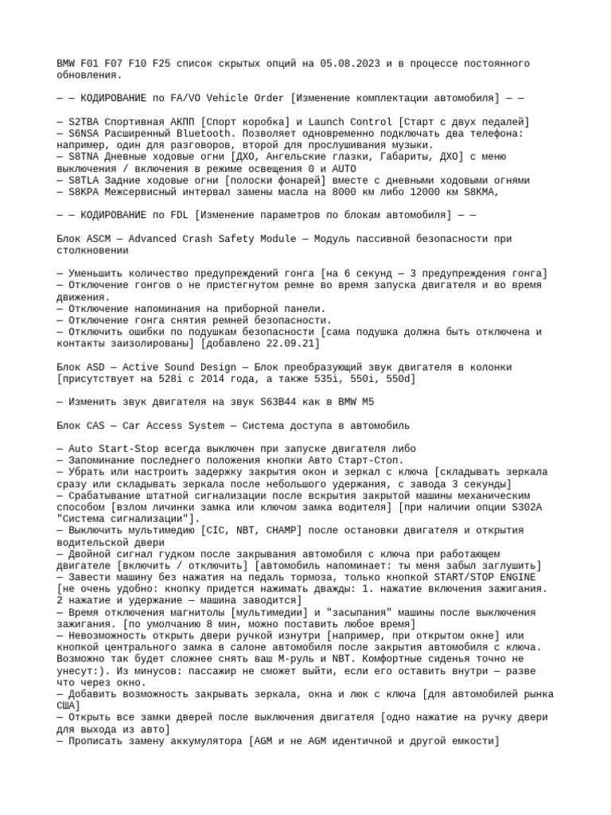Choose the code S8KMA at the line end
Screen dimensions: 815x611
tap(500, 192)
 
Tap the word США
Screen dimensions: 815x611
tap(68, 706)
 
